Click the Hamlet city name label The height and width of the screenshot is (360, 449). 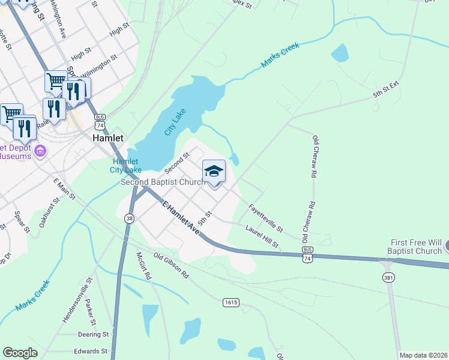point(108,138)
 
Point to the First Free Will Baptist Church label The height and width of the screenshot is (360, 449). point(415,247)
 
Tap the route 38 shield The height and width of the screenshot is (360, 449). point(130,219)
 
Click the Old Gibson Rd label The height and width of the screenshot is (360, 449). point(171,265)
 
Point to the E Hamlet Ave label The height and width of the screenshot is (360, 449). point(181,218)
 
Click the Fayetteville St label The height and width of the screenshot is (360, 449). point(265,218)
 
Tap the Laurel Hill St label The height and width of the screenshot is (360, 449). point(262,236)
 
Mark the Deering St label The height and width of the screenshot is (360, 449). point(93,334)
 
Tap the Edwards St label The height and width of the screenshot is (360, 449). point(90,351)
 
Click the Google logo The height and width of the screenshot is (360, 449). point(20,353)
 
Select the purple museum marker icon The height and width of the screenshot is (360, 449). point(41,150)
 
